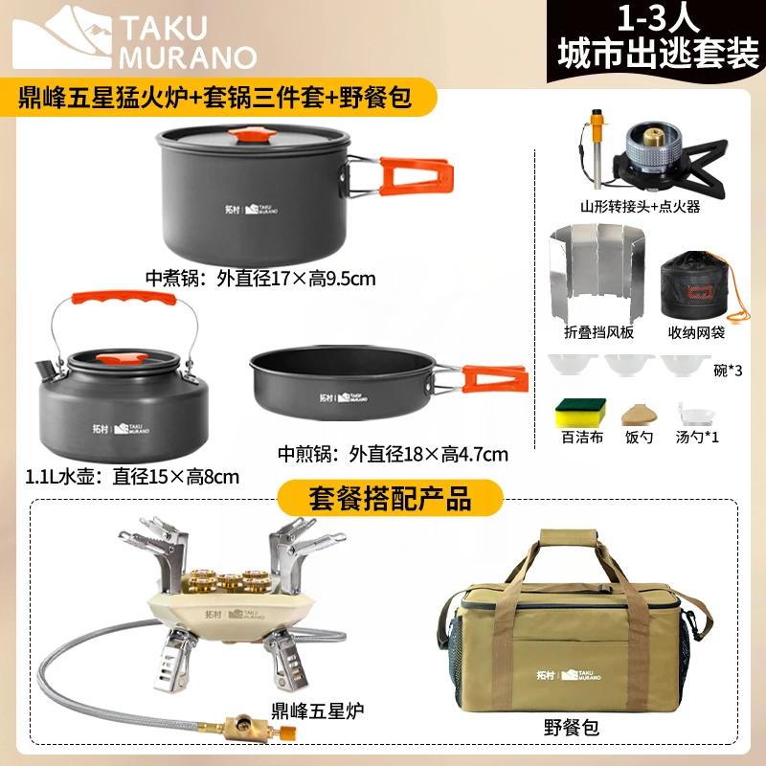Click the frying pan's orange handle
pyautogui.click(x=494, y=377)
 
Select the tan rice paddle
pyautogui.click(x=640, y=414)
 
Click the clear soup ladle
pyautogui.click(x=696, y=416)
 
